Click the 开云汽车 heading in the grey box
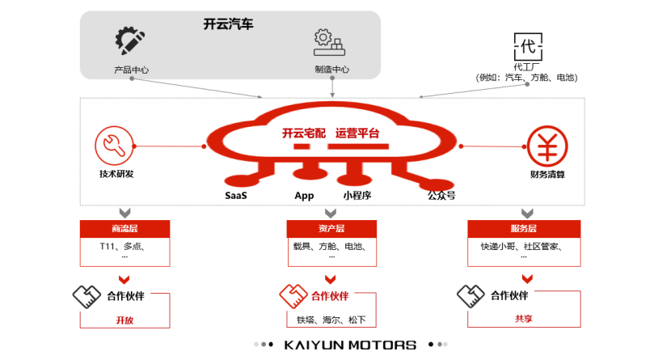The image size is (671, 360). pos(229,24)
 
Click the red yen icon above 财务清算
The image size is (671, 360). pos(547,146)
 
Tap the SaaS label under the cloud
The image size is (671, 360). pos(236,196)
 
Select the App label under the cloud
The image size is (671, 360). pos(304,196)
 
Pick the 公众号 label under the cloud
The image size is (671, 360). pos(441,195)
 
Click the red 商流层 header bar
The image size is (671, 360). pos(124,228)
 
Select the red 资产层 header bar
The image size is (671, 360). pos(331,228)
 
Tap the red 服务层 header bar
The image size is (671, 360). pos(524,228)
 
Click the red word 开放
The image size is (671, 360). pos(124,320)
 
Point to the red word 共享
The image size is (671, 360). pos(524,319)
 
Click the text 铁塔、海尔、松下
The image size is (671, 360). pos(331,320)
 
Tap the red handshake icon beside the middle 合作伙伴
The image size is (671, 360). pos(292,295)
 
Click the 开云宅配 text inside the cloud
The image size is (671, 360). pos(303,133)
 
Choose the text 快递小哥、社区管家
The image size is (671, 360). pos(521,247)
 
